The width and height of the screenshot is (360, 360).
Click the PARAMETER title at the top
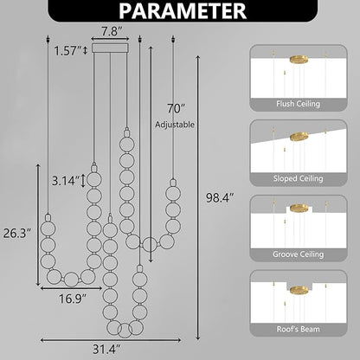point(180,12)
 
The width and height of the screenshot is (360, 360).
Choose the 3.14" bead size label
point(66,183)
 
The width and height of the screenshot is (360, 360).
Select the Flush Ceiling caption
point(299,102)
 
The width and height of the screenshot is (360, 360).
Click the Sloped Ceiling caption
point(299,178)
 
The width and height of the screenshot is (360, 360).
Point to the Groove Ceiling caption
point(299,254)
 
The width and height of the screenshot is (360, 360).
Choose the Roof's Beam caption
point(299,329)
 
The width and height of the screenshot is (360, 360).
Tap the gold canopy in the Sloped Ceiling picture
point(300,135)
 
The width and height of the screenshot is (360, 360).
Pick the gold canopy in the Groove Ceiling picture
point(299,209)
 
